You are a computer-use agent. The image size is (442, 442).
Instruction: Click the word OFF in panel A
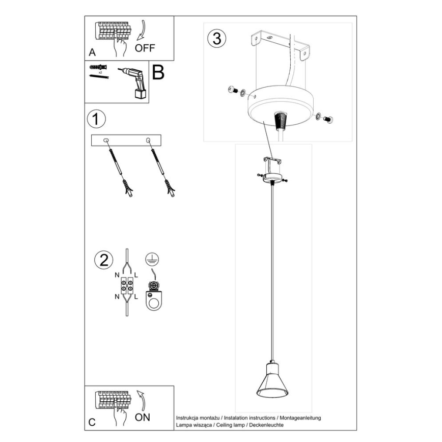pyautogui.click(x=145, y=48)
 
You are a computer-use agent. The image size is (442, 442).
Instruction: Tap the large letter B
pyautogui.click(x=159, y=73)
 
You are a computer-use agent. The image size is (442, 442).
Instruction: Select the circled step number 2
pyautogui.click(x=103, y=261)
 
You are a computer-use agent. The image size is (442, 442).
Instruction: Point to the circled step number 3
pyautogui.click(x=216, y=39)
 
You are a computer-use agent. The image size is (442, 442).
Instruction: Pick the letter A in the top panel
pyautogui.click(x=92, y=52)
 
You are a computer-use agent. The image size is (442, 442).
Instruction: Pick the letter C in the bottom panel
pyautogui.click(x=92, y=422)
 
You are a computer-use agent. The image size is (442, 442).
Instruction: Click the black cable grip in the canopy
pyautogui.click(x=280, y=121)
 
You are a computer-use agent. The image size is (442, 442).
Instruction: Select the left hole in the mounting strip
pyautogui.click(x=106, y=140)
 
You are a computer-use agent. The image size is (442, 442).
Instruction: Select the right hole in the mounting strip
pyautogui.click(x=148, y=140)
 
